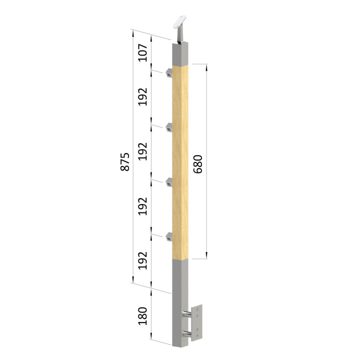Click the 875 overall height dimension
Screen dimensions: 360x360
[125, 161]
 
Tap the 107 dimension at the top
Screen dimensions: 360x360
[142, 52]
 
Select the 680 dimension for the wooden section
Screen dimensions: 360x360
[198, 164]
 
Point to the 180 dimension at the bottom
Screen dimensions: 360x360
[142, 316]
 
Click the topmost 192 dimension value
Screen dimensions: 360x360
[142, 96]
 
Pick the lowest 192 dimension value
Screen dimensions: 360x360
[142, 260]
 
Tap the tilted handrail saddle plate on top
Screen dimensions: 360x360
[179, 22]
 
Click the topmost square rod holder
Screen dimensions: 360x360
[169, 72]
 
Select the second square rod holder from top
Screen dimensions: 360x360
[169, 127]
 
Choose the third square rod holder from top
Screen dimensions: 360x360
[169, 182]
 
